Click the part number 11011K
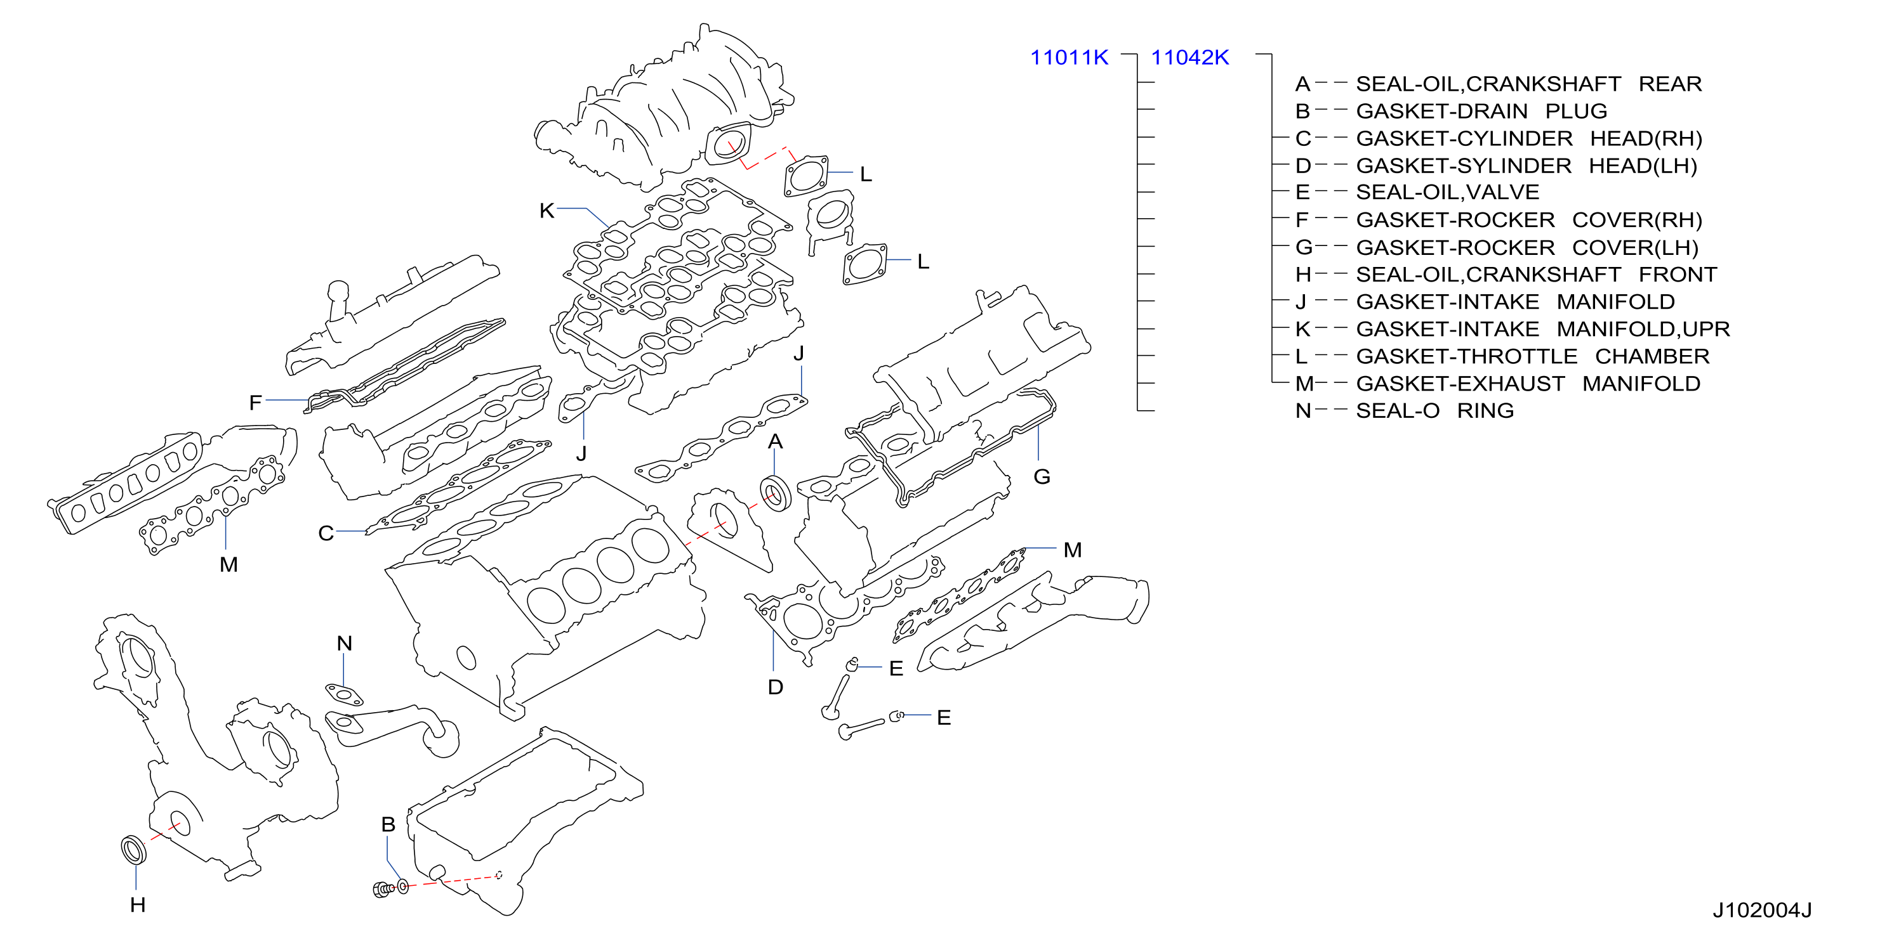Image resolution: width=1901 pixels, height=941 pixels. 1069,58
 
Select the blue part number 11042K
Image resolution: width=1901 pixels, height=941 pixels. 1189,58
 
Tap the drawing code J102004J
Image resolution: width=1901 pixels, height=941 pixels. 1761,911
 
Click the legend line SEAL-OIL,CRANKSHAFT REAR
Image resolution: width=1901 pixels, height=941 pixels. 1528,84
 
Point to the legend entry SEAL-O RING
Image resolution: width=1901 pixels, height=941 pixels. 1434,411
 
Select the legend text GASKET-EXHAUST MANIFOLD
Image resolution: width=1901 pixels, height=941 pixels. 1528,384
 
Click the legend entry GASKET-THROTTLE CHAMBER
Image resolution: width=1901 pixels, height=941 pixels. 1533,356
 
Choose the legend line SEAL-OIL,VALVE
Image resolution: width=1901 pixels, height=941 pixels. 1448,193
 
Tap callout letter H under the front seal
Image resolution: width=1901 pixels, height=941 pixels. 137,905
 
